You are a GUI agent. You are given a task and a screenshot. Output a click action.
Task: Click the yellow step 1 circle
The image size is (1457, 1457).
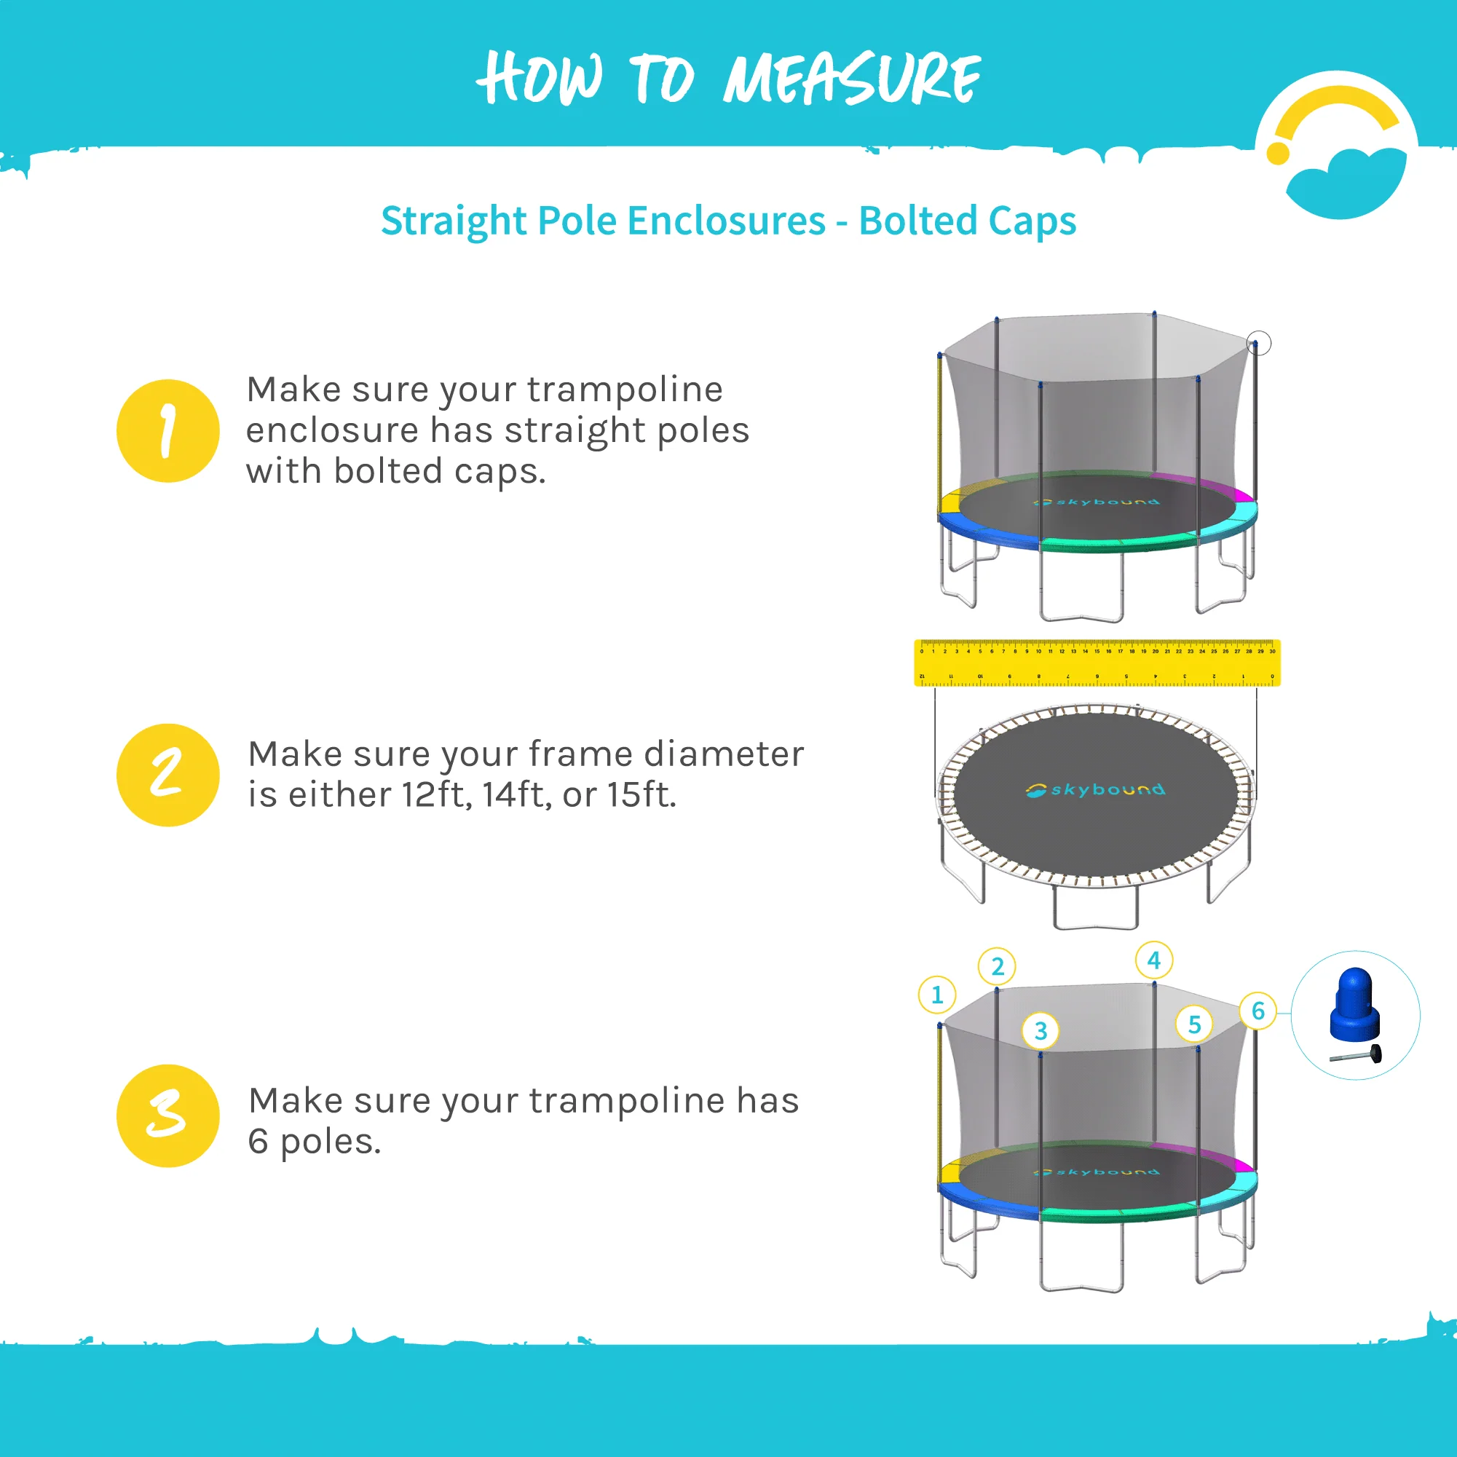click(167, 430)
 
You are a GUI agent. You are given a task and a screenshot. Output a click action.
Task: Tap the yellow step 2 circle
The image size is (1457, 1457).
click(167, 775)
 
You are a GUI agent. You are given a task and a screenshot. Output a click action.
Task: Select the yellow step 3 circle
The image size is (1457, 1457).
click(167, 1116)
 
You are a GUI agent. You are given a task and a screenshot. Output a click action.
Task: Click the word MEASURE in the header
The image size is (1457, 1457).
click(851, 79)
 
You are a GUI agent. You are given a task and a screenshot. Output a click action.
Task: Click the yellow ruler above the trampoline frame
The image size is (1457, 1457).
click(1097, 663)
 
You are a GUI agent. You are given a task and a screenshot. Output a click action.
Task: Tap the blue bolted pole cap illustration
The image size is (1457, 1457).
click(1354, 1004)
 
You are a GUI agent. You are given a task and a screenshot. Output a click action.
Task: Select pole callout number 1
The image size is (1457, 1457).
click(936, 995)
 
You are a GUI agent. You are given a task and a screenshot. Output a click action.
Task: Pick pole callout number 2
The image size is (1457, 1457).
click(997, 967)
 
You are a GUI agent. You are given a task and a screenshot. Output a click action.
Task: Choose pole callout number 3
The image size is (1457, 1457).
click(1040, 1030)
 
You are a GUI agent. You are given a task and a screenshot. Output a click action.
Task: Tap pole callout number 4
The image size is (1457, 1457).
click(1153, 960)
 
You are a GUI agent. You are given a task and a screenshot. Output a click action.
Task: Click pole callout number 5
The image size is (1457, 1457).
click(1194, 1024)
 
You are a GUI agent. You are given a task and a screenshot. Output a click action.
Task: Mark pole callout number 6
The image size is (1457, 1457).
click(1257, 1011)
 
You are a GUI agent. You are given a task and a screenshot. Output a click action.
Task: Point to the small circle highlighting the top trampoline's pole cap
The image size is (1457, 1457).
click(1258, 343)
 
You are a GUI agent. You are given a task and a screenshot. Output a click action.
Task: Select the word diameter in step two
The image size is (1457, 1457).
click(723, 754)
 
